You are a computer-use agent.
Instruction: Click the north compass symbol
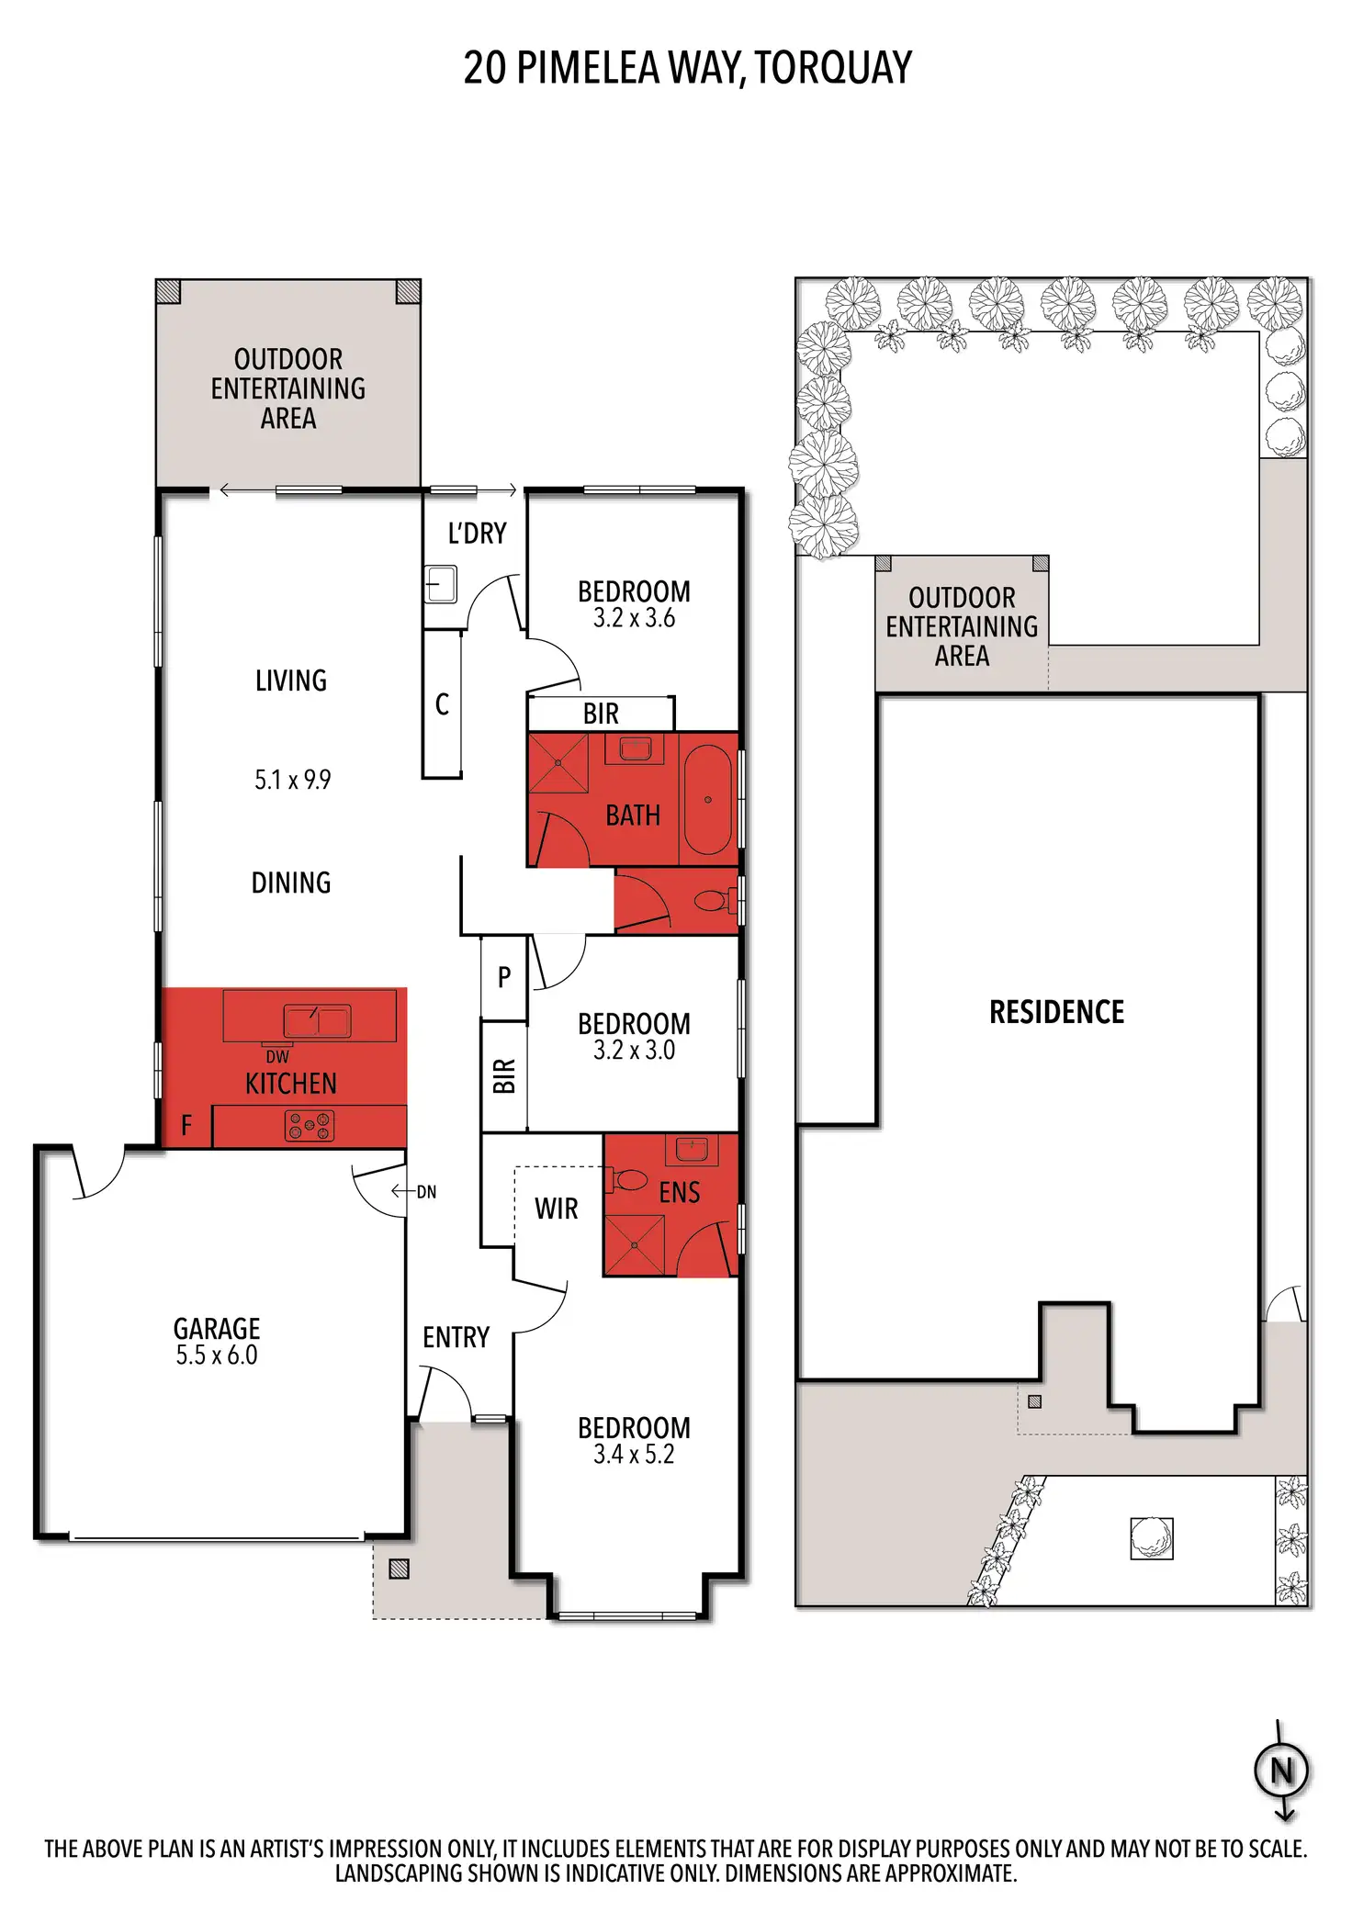pyautogui.click(x=1282, y=1771)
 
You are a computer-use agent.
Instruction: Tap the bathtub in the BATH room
pyautogui.click(x=707, y=800)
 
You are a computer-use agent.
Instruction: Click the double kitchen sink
pyautogui.click(x=316, y=1020)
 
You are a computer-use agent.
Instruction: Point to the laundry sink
pyautogui.click(x=441, y=584)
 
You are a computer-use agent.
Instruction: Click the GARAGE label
pyautogui.click(x=217, y=1328)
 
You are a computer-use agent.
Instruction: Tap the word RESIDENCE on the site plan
pyautogui.click(x=1056, y=1012)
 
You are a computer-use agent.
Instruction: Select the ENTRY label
pyautogui.click(x=456, y=1337)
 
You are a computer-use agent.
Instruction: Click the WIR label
pyautogui.click(x=557, y=1209)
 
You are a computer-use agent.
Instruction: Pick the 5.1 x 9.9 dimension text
pyautogui.click(x=292, y=780)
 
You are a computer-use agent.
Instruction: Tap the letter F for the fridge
pyautogui.click(x=186, y=1125)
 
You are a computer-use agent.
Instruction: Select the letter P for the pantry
pyautogui.click(x=504, y=977)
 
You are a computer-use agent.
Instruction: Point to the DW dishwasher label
pyautogui.click(x=277, y=1056)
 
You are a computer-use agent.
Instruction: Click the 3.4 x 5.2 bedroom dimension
pyautogui.click(x=634, y=1455)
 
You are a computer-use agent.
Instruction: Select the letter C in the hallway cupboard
pyautogui.click(x=442, y=704)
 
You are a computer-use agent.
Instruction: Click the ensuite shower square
pyautogui.click(x=634, y=1245)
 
